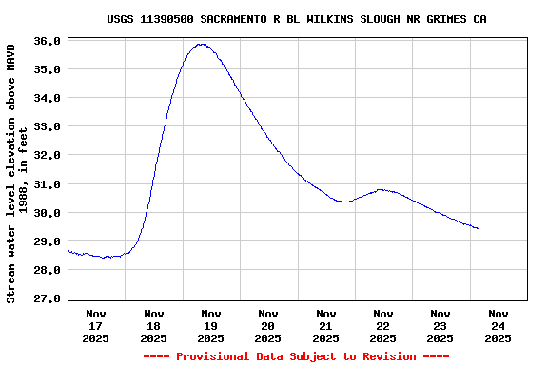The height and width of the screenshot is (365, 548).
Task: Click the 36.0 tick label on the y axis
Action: [49, 41]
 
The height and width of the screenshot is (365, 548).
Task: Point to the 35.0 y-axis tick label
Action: [49, 69]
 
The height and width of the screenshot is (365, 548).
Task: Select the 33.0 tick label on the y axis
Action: [49, 126]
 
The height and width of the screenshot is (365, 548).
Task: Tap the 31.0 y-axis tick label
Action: [49, 184]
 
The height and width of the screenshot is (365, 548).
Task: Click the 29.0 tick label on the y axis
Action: [49, 241]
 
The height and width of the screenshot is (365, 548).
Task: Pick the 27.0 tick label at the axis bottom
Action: [49, 298]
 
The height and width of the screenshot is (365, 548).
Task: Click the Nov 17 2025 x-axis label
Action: [96, 325]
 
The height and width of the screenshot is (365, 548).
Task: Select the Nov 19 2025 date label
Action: [210, 325]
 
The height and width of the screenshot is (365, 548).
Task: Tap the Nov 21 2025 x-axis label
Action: [325, 325]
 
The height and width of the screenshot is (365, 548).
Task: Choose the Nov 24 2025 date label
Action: [498, 325]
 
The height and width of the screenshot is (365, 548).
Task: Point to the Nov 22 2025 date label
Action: [382, 325]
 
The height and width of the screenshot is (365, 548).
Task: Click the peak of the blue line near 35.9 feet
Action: [201, 44]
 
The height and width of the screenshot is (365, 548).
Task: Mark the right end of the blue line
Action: [478, 228]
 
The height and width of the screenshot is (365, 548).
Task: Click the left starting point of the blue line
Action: [68, 251]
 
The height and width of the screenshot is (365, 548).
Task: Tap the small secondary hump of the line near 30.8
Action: [382, 189]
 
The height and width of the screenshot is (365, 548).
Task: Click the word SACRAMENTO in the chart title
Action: [239, 19]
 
